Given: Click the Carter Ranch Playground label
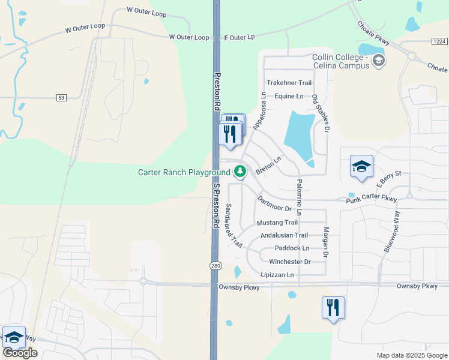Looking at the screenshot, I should pyautogui.click(x=184, y=172).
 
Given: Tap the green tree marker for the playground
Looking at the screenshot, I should pyautogui.click(x=240, y=172).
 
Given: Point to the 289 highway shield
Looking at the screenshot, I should pyautogui.click(x=215, y=265).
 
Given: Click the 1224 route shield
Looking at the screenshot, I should pyautogui.click(x=439, y=41).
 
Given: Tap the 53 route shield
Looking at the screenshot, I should pyautogui.click(x=61, y=97).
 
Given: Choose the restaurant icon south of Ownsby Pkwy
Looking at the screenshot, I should pyautogui.click(x=333, y=308).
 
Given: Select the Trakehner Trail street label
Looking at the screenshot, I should pyautogui.click(x=289, y=83).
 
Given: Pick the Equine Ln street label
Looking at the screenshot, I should pyautogui.click(x=289, y=96).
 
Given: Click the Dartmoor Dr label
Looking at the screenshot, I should pyautogui.click(x=274, y=204).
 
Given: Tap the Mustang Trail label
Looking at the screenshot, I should pyautogui.click(x=277, y=223).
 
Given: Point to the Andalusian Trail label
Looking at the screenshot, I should pyautogui.click(x=284, y=235).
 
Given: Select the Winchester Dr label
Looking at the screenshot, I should pyautogui.click(x=289, y=262).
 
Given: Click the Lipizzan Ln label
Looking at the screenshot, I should pyautogui.click(x=277, y=275).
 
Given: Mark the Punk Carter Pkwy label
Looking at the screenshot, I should pyautogui.click(x=372, y=199).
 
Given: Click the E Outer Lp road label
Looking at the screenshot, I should pyautogui.click(x=240, y=37).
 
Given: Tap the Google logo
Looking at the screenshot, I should pyautogui.click(x=20, y=353).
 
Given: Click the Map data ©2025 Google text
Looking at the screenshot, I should pyautogui.click(x=411, y=355).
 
